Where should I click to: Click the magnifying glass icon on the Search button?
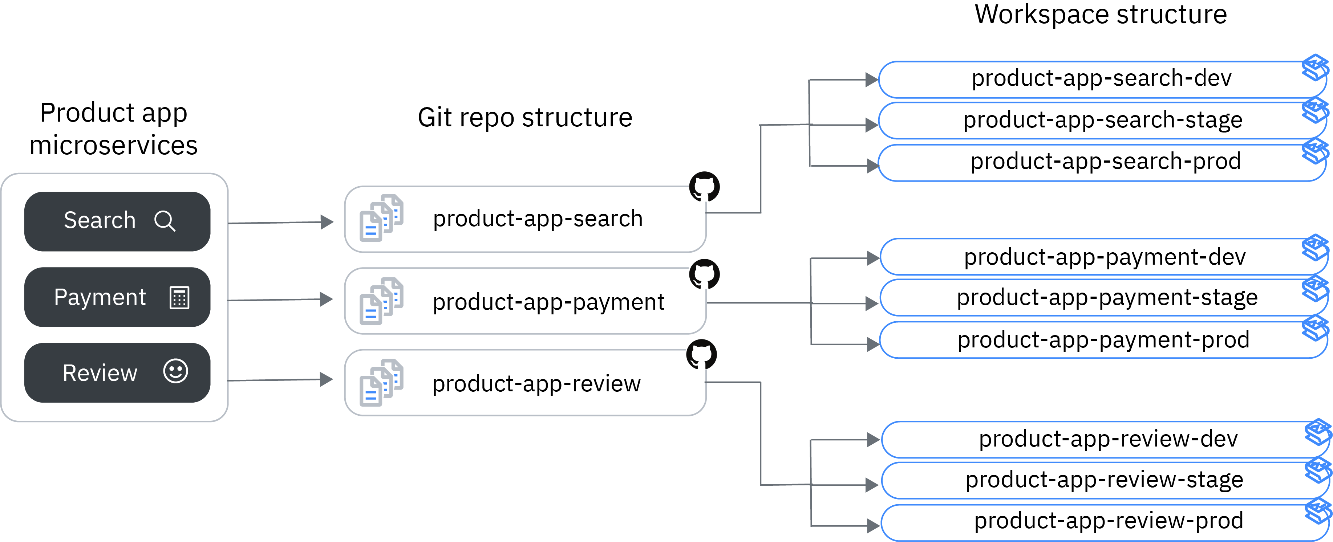pos(165,221)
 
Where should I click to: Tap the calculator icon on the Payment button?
pos(179,297)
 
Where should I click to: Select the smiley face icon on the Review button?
pos(175,371)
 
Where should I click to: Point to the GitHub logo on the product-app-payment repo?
pos(704,274)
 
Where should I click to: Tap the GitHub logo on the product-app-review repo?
pos(702,355)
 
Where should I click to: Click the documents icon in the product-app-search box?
pos(381,218)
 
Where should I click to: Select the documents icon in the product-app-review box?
pos(381,383)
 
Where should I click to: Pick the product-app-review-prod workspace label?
pos(1109,521)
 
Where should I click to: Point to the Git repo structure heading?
pos(525,118)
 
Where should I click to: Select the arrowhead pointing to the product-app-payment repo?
pos(327,299)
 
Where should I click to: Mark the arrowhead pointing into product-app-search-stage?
pos(872,125)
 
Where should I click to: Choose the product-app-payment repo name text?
pos(548,302)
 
